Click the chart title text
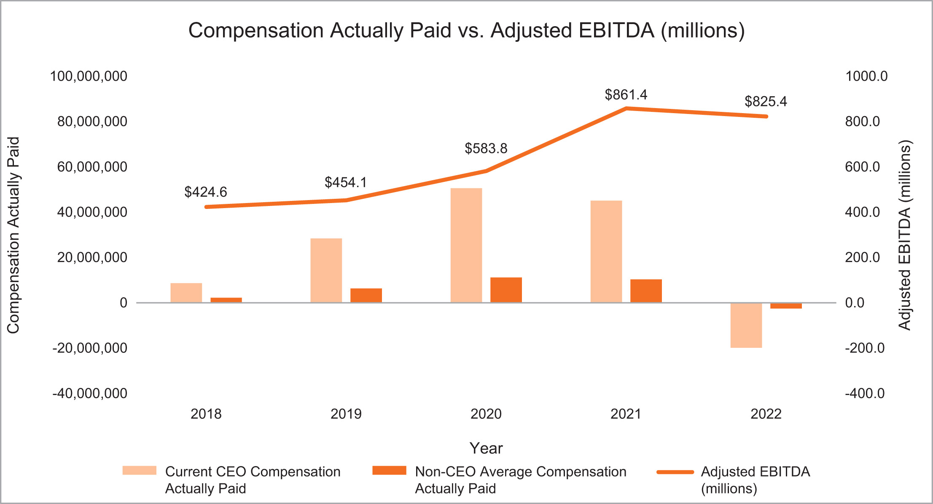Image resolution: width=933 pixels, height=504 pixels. click(x=466, y=30)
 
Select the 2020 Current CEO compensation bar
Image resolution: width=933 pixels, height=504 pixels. click(x=466, y=245)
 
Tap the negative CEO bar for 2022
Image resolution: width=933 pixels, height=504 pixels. click(x=746, y=325)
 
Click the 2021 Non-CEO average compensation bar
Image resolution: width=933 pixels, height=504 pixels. click(x=646, y=291)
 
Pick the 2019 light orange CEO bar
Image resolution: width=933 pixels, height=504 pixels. click(x=326, y=271)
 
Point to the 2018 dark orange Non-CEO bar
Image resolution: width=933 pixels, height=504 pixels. click(x=226, y=300)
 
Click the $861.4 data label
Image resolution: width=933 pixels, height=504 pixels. click(x=626, y=95)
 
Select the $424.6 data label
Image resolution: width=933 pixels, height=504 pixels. click(x=205, y=192)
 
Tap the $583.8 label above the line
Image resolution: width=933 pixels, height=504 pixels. click(x=486, y=148)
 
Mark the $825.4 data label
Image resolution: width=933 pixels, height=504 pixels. click(x=765, y=101)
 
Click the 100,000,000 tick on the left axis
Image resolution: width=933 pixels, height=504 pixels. click(x=89, y=76)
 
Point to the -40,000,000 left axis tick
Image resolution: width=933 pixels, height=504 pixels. click(x=90, y=393)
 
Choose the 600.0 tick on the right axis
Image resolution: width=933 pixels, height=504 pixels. click(x=862, y=167)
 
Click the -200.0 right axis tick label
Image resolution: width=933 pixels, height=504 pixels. click(x=864, y=348)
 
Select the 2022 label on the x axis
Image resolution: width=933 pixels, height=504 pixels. click(x=766, y=414)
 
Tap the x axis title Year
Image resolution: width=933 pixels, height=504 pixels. click(x=486, y=448)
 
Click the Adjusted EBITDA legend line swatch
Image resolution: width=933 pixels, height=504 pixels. click(x=675, y=472)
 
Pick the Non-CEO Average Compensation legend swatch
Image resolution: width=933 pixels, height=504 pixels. click(x=389, y=471)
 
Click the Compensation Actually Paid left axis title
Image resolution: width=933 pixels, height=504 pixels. click(x=13, y=235)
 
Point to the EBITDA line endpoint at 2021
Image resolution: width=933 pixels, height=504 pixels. click(x=626, y=108)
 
